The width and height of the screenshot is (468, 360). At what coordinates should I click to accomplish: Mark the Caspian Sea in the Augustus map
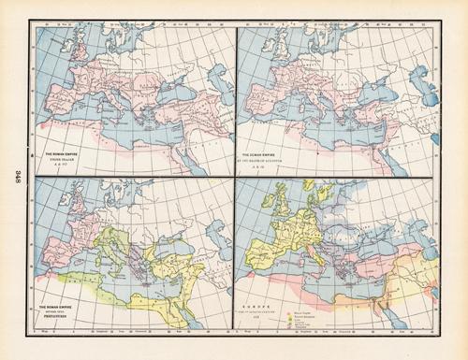412,89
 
